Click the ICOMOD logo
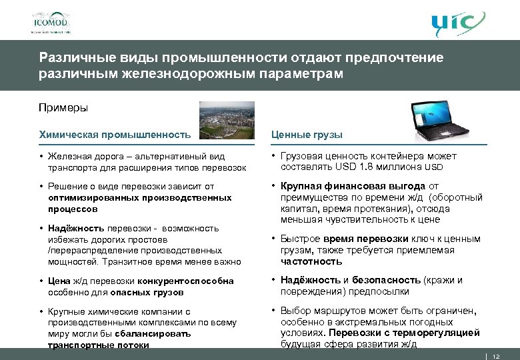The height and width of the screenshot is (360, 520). click(51, 19)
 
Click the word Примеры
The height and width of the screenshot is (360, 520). click(63, 107)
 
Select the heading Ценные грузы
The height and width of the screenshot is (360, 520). click(307, 135)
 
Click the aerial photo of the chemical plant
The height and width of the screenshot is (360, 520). click(227, 121)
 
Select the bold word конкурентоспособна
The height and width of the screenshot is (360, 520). click(193, 281)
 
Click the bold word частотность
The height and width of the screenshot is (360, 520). click(307, 261)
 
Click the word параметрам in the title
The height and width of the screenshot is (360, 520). click(300, 73)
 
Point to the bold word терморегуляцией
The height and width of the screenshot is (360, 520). click(439, 333)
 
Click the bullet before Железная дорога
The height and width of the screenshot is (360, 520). click(41, 156)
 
